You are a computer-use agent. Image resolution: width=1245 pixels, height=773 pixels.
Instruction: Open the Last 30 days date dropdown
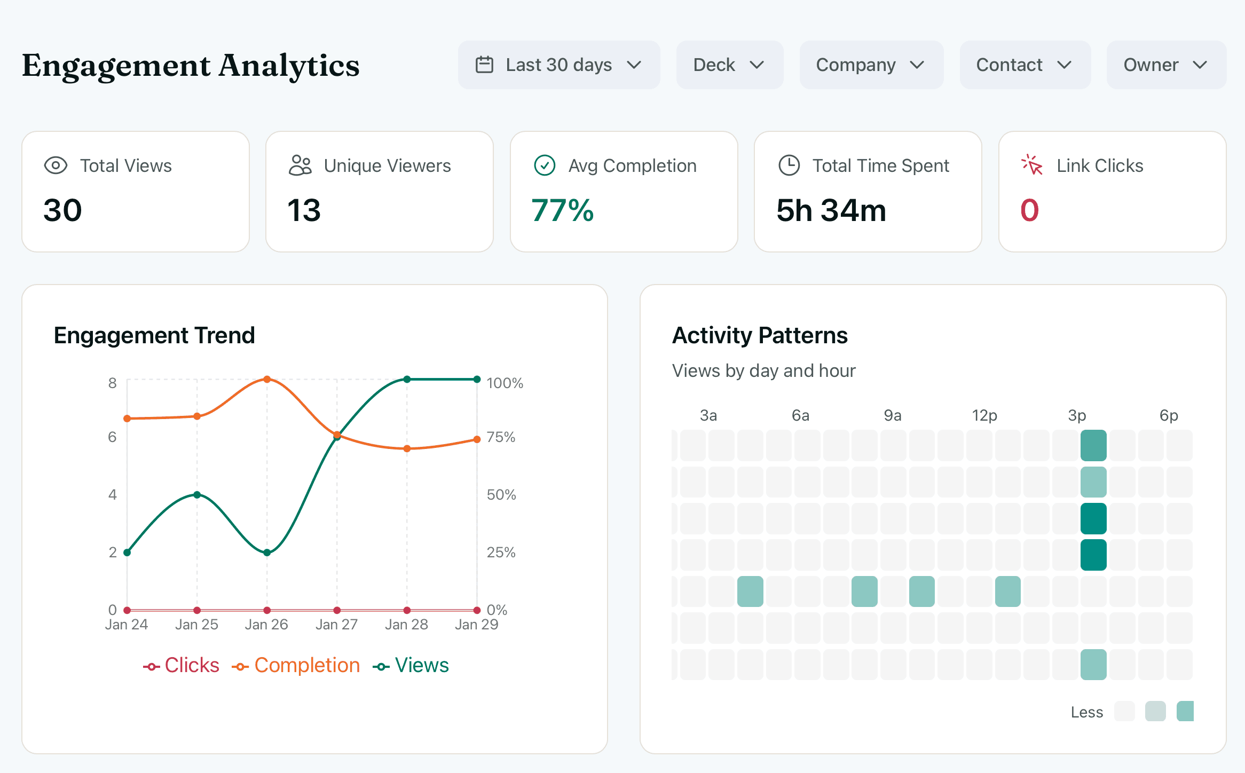[x=558, y=65]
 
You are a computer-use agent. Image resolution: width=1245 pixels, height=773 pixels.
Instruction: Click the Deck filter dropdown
[x=729, y=65]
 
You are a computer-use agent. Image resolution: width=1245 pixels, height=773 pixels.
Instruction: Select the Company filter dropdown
[x=871, y=65]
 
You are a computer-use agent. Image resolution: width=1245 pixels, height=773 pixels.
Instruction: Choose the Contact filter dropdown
[x=1025, y=65]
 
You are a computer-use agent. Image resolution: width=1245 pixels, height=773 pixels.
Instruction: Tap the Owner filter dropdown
[x=1166, y=65]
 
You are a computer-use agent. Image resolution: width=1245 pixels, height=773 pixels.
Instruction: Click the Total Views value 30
[x=63, y=210]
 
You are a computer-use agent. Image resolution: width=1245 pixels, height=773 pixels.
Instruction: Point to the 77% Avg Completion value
[x=563, y=210]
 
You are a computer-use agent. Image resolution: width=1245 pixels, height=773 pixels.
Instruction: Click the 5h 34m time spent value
[x=831, y=210]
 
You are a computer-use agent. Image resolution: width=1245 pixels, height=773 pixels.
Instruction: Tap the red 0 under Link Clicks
[x=1029, y=210]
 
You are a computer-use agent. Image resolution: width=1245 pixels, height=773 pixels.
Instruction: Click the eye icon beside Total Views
[x=56, y=165]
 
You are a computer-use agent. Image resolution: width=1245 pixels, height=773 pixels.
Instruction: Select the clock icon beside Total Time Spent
[x=789, y=165]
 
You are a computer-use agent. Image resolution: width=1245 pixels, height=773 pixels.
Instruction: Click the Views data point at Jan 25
[x=197, y=495]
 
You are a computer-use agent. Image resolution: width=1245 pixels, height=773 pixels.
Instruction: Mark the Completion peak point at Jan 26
[x=267, y=380]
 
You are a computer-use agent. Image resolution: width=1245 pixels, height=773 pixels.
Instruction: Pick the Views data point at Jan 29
[x=477, y=380]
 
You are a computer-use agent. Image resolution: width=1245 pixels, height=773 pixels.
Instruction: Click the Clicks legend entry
[x=182, y=666]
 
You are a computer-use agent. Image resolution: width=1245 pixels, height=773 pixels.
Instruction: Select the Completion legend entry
[x=297, y=666]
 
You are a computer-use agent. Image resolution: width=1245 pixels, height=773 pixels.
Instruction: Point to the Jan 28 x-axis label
[x=406, y=625]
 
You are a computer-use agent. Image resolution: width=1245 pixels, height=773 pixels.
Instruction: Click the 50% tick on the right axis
[x=501, y=495]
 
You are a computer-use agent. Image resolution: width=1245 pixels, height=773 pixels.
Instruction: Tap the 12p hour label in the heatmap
[x=984, y=415]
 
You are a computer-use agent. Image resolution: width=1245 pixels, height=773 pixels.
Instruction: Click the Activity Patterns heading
[x=760, y=336]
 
